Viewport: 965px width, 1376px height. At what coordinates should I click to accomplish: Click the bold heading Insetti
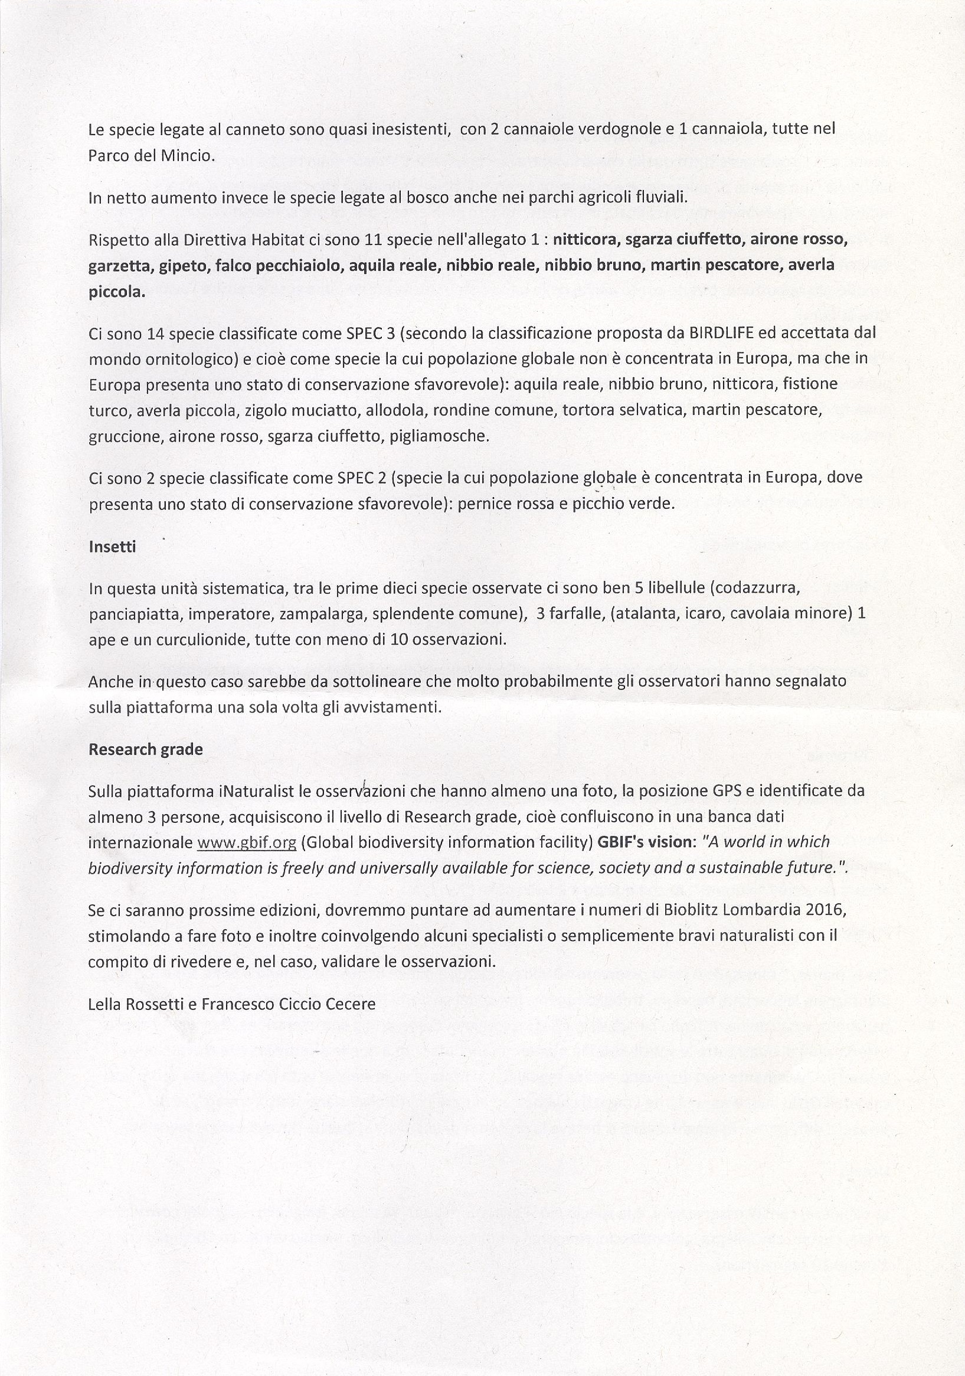(112, 547)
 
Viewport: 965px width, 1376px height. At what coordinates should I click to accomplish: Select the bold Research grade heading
(146, 749)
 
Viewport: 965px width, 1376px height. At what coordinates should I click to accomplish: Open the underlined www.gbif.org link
(246, 842)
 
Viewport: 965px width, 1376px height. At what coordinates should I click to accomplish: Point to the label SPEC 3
(372, 332)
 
